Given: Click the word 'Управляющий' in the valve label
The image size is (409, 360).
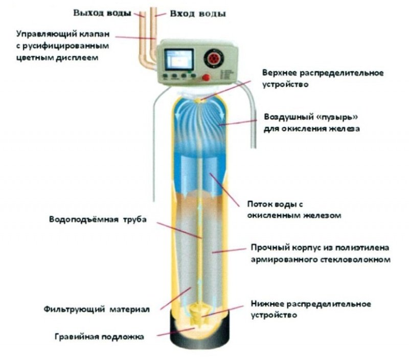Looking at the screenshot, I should [x=42, y=36].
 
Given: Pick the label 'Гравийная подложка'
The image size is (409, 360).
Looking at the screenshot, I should [x=100, y=336].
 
